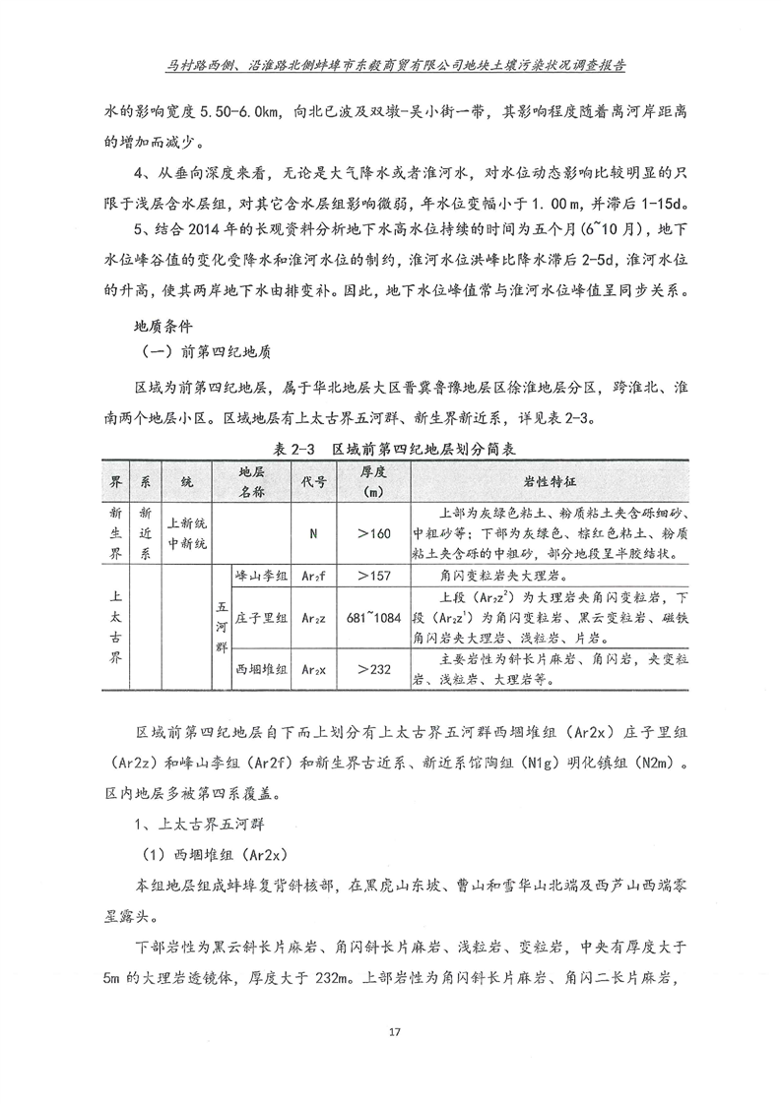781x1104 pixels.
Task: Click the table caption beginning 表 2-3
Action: (390, 448)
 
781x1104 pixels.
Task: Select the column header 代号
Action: (312, 482)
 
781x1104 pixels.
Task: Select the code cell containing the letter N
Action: (312, 532)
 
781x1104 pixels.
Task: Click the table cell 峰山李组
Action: (261, 576)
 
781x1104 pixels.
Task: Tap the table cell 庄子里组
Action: (261, 618)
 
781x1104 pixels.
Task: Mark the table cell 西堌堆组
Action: (261, 669)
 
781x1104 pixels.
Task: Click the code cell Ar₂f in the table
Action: (312, 576)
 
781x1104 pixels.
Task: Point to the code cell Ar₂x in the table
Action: (312, 669)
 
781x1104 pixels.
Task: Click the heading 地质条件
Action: (163, 324)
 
